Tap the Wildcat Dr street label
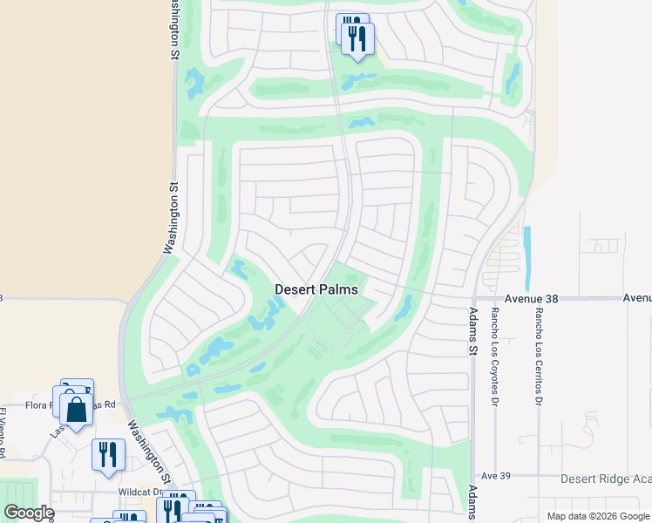123,492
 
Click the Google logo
29,512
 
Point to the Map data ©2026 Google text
598,516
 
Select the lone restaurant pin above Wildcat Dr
108,454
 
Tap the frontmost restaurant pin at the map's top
357,38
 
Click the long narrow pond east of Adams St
526,248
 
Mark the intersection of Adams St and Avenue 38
472,298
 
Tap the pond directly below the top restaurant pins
357,80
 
